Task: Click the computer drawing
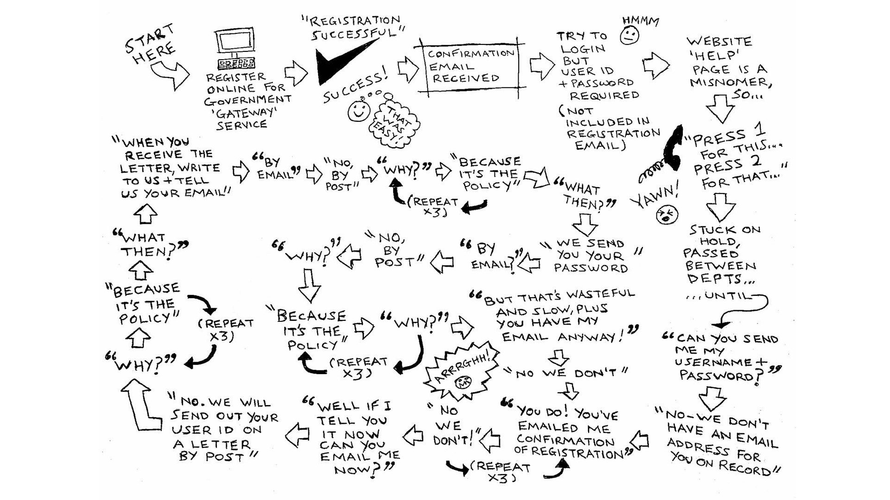pos(235,49)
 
